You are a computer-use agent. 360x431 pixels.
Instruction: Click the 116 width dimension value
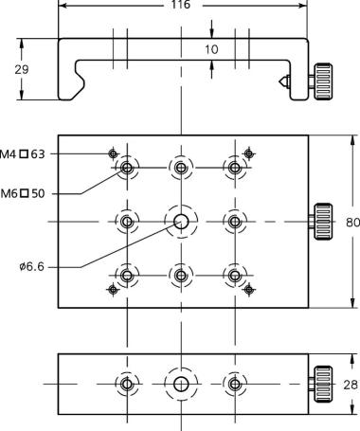[181, 5]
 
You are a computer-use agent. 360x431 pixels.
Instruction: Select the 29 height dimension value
[22, 69]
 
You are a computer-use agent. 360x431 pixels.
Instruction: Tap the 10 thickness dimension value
[211, 49]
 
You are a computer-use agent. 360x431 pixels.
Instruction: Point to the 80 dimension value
[352, 223]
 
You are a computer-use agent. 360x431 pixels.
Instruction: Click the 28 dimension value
[351, 385]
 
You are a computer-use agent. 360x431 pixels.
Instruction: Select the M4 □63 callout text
[23, 154]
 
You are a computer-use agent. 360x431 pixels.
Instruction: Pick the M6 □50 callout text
[23, 193]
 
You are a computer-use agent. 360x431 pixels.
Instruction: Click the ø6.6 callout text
[31, 267]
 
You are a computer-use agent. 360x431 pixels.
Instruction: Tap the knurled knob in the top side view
[322, 81]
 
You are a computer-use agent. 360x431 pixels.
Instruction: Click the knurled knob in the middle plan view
[322, 222]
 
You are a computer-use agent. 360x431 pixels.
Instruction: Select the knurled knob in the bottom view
[322, 384]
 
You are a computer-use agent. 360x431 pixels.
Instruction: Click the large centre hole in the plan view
[181, 222]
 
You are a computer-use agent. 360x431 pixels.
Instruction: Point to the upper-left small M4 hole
[113, 153]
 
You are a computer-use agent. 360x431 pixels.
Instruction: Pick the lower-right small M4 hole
[249, 289]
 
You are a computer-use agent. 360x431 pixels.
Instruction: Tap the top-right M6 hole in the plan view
[235, 168]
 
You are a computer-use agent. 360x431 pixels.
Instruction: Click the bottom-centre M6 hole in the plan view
[181, 276]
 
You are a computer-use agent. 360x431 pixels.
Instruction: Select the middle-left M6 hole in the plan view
[127, 222]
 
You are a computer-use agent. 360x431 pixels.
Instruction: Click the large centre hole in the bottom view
[181, 385]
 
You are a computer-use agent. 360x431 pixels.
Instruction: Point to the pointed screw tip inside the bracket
[284, 81]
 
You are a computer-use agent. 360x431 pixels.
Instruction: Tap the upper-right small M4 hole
[249, 153]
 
